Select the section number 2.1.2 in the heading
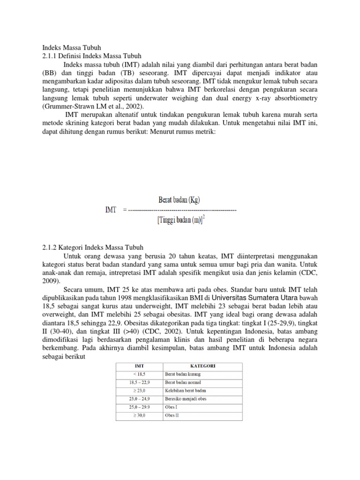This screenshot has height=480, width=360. click(x=49, y=247)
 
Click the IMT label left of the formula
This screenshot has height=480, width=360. click(x=111, y=210)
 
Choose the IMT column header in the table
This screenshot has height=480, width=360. click(x=139, y=365)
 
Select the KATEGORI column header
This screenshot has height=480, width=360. click(x=202, y=365)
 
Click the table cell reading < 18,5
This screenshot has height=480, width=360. click(x=139, y=374)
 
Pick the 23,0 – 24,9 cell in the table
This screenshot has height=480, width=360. click(x=139, y=399)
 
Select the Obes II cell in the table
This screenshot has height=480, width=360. click(x=172, y=415)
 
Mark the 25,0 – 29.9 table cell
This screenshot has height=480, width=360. click(x=139, y=407)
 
